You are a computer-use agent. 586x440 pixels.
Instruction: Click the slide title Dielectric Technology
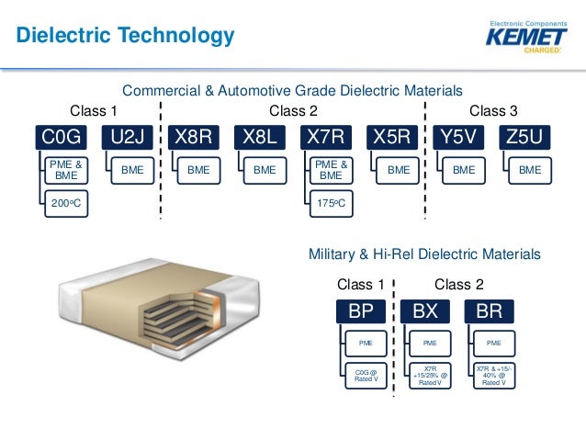pyautogui.click(x=127, y=37)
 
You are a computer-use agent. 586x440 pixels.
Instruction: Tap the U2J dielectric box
pyautogui.click(x=129, y=139)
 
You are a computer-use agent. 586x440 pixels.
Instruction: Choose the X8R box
pyautogui.click(x=193, y=139)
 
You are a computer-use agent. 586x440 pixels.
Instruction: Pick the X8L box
pyautogui.click(x=259, y=139)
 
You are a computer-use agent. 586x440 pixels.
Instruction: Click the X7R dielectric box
pyautogui.click(x=326, y=139)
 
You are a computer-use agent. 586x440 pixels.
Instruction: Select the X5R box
pyautogui.click(x=392, y=139)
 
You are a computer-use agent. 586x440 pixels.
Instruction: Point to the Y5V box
pyautogui.click(x=458, y=139)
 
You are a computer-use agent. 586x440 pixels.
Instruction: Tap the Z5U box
pyautogui.click(x=524, y=139)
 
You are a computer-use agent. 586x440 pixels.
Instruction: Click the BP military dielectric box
pyautogui.click(x=360, y=310)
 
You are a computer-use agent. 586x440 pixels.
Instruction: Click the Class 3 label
pyautogui.click(x=493, y=111)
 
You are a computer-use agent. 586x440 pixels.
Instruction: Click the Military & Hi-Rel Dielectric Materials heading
pyautogui.click(x=425, y=254)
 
